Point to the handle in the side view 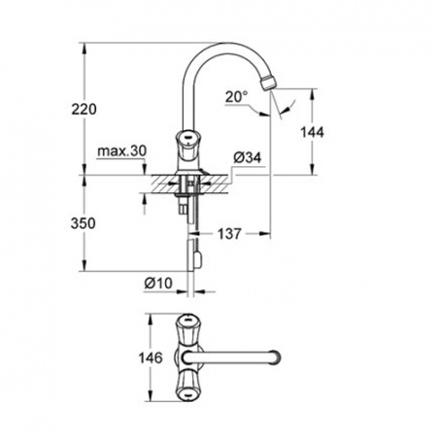(x=184, y=140)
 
